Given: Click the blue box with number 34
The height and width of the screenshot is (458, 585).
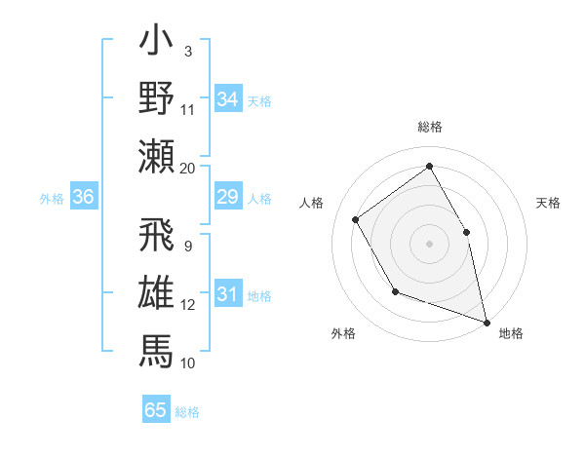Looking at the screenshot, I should click(x=228, y=98).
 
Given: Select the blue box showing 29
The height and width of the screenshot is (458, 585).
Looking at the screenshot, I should click(x=228, y=198).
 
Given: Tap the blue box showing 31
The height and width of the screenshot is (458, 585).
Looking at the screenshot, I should click(x=228, y=295).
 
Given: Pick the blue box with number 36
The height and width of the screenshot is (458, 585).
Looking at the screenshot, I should click(x=84, y=198).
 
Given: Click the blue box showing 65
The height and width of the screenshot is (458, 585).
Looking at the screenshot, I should click(x=156, y=410).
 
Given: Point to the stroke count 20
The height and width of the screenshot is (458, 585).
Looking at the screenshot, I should click(x=187, y=168).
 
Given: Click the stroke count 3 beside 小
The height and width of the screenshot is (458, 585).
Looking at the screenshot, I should click(x=187, y=51).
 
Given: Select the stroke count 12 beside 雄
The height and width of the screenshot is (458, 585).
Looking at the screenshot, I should click(x=187, y=304).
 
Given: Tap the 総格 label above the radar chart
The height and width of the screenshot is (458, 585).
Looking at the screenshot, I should click(x=430, y=127).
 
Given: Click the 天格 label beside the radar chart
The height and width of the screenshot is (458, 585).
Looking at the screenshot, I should click(x=548, y=203).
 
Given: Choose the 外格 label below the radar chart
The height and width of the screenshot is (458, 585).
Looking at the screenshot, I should click(x=343, y=333).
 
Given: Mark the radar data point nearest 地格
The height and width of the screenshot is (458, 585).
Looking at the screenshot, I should click(x=487, y=321).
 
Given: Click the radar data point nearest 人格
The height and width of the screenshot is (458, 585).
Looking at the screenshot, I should click(x=356, y=219).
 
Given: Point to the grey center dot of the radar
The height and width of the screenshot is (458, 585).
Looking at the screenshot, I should click(x=429, y=243).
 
